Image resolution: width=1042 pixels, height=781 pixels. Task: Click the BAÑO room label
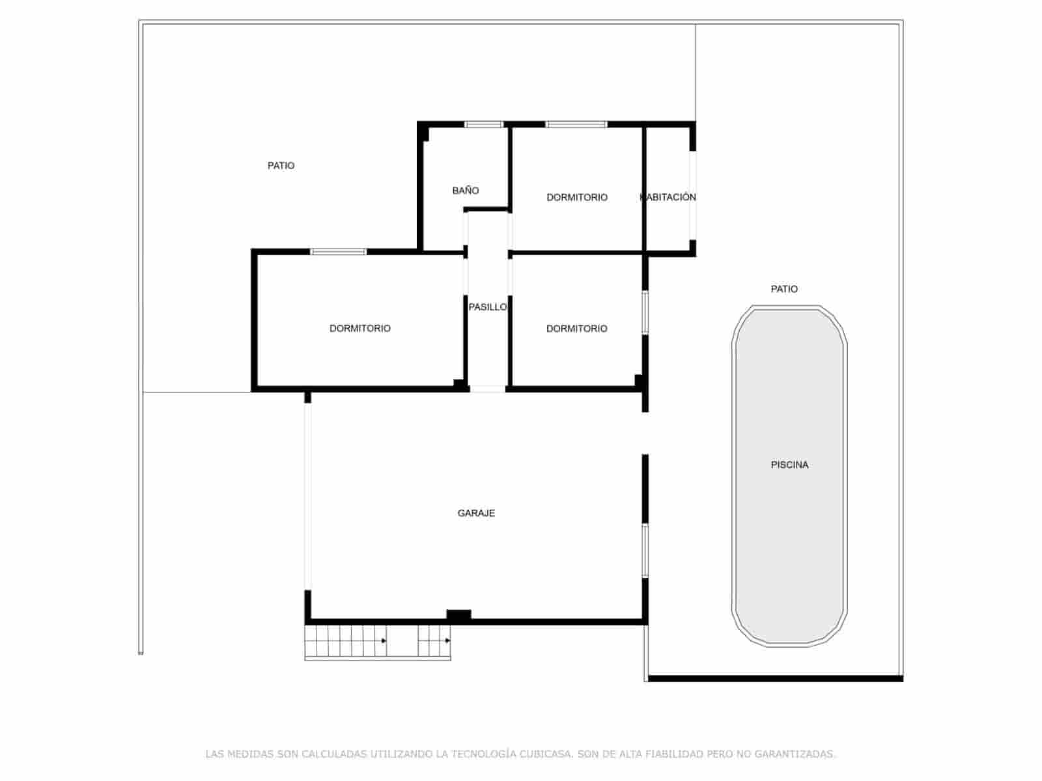tap(466, 191)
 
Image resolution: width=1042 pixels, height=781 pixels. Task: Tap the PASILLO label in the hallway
tap(488, 307)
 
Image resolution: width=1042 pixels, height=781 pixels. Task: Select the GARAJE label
tap(476, 514)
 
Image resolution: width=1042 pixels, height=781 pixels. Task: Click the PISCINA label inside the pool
tap(789, 465)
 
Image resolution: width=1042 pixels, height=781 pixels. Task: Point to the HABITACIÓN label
tap(669, 197)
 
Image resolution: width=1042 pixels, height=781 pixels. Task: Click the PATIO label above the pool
tap(784, 289)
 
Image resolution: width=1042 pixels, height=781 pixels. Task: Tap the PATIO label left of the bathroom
tap(281, 166)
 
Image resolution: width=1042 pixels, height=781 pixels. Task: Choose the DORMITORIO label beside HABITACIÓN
tap(576, 197)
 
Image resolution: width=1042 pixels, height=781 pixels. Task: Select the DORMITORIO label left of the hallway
tap(359, 329)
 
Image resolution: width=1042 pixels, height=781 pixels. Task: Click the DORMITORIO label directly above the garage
tap(576, 329)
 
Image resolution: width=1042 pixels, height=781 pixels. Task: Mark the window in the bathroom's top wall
tap(484, 124)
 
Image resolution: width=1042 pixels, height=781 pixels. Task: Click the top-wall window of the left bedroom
tap(338, 252)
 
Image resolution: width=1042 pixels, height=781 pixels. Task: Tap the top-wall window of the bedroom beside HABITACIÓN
tap(576, 124)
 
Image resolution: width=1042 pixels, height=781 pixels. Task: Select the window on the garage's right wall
tap(645, 551)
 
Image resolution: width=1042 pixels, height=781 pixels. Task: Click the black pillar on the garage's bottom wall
tap(458, 614)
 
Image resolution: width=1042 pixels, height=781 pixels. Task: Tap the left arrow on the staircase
tap(384, 641)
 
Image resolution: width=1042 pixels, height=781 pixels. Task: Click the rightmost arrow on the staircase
tap(448, 641)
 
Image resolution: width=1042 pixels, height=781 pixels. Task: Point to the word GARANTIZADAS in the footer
tap(795, 754)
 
